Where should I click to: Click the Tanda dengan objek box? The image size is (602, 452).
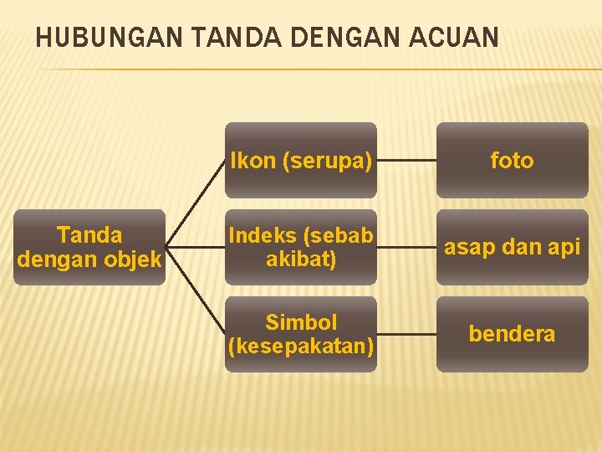(89, 247)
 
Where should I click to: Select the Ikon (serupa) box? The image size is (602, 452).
(301, 160)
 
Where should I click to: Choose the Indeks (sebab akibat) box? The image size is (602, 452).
(301, 247)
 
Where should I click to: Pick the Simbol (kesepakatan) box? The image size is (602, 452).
(301, 333)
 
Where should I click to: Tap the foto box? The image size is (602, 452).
(512, 160)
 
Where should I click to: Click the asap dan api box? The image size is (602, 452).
(512, 247)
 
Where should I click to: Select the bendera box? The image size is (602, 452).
(512, 333)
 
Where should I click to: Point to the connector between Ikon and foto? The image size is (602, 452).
(406, 160)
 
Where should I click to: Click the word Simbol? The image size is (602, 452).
(301, 322)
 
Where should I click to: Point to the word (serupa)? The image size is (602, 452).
(327, 161)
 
